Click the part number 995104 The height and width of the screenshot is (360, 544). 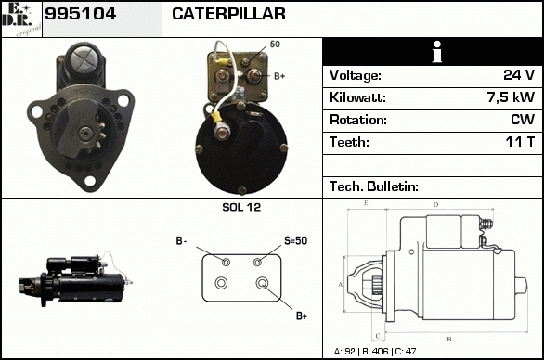coord(80,14)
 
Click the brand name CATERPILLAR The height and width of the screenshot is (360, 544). coord(228,14)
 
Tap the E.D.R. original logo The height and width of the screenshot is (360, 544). coord(21,19)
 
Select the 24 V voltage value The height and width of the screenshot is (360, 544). coord(519,75)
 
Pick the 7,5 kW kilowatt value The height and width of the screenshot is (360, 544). coord(511,97)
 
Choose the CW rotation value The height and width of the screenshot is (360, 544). coord(523,120)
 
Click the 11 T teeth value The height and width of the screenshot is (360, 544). coord(520,142)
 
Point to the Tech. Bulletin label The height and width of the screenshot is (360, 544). coord(374,186)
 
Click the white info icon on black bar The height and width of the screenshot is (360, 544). coord(437,52)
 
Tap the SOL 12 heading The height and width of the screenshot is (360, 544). coord(241,207)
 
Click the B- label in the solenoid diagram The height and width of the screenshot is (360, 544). coord(181,240)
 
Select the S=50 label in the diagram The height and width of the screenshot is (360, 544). coord(295,240)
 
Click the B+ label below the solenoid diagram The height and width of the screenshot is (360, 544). coord(302,316)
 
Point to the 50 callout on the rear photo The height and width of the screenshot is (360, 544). coord(275,44)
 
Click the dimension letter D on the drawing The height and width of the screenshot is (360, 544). coord(436,205)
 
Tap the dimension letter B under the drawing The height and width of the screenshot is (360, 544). coord(449,339)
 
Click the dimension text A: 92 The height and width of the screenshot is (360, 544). coord(344,352)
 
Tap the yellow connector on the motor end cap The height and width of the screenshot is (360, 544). coord(217,118)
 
